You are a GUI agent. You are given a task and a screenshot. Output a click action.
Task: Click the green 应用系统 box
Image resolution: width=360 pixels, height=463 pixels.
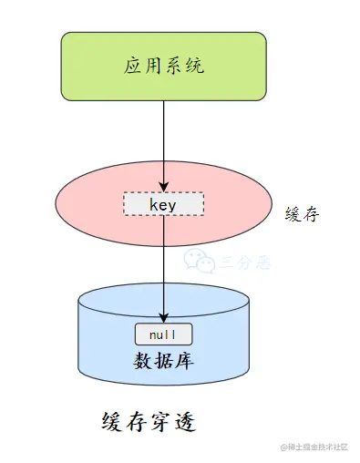point(164,66)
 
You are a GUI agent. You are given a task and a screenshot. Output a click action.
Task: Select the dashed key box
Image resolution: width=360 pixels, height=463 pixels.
point(164,205)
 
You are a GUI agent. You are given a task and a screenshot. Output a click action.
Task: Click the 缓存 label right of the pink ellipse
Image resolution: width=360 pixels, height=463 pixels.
point(303,216)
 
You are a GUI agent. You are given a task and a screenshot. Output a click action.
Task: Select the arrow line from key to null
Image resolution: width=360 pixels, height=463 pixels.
point(164,264)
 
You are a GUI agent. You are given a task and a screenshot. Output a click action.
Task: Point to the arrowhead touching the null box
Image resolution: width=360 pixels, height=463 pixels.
point(164,318)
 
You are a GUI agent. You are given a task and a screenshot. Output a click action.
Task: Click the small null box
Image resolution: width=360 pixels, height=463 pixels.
point(164,334)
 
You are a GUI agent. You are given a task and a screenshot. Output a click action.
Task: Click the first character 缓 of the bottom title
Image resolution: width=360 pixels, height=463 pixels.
point(111,424)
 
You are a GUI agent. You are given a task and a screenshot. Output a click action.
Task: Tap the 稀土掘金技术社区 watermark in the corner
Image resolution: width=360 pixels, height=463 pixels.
point(314,448)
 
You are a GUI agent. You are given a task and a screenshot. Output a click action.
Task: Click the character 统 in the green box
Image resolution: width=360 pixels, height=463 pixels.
point(196,66)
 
